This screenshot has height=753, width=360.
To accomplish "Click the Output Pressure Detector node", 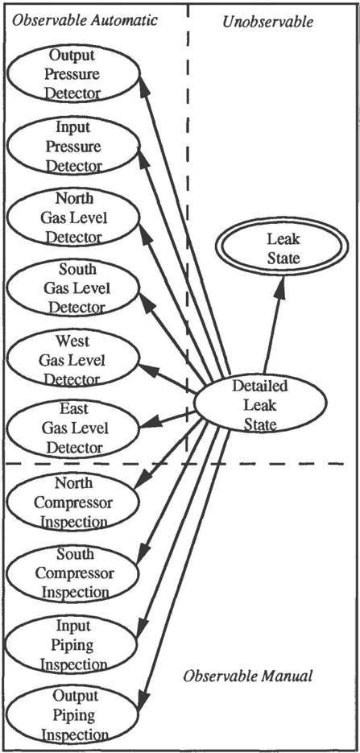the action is click(x=72, y=74).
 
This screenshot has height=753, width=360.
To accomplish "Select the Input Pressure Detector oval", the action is click(x=72, y=147).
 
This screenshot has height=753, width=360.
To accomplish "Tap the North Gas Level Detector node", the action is click(x=72, y=217).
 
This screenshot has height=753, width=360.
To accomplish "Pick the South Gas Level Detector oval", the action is click(x=72, y=288).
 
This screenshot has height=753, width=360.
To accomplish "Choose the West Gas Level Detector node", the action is click(x=72, y=360).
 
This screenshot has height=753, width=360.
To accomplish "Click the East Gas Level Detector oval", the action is click(x=72, y=428).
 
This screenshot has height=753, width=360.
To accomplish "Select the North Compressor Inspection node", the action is click(x=72, y=502).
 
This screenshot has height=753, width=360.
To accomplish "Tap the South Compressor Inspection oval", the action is click(x=72, y=573).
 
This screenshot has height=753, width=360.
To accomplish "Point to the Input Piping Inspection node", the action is click(x=72, y=645).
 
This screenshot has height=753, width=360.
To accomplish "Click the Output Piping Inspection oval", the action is click(x=72, y=714).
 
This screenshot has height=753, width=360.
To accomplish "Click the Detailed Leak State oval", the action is click(x=259, y=404).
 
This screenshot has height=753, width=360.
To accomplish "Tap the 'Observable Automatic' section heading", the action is click(x=84, y=20).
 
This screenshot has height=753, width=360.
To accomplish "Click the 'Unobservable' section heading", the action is click(x=268, y=21).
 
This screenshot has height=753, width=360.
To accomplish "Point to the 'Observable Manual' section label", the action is click(x=248, y=676).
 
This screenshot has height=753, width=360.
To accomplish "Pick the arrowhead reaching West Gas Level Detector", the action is click(x=148, y=370).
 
